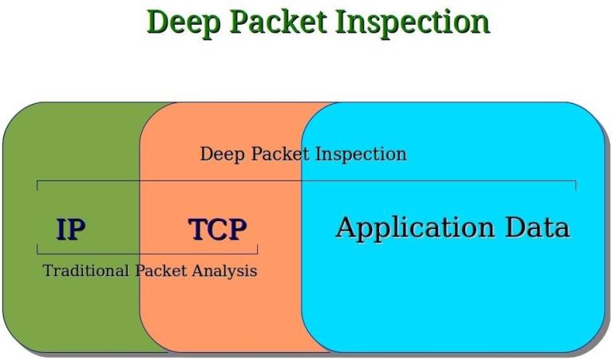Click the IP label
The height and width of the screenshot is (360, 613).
coord(71,230)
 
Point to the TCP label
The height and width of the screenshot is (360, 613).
coord(217,230)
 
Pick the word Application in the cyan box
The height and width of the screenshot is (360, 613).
coord(416,228)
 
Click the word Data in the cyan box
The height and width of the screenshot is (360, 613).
coord(537,227)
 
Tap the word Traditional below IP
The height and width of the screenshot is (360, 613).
coord(85,271)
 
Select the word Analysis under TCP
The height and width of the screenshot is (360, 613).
coord(224,271)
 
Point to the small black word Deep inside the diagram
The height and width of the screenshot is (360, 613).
coord(221,153)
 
